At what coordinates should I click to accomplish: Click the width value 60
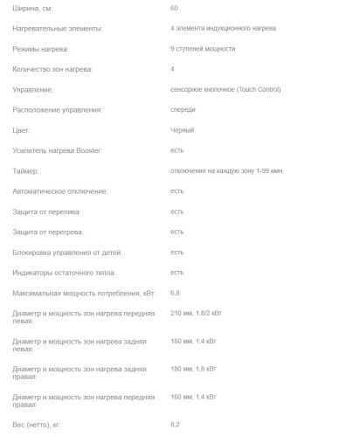point(175,8)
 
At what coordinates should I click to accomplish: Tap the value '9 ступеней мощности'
point(203,49)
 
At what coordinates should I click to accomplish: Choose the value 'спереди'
point(183,109)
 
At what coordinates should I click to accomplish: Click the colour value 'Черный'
point(182,130)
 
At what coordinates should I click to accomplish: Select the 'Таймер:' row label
point(26,171)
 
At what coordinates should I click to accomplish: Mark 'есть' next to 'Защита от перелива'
point(177,211)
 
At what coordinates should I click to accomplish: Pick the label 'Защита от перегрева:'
point(50,232)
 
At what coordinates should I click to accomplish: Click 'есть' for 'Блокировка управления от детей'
point(177,252)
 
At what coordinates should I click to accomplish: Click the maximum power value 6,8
point(176,293)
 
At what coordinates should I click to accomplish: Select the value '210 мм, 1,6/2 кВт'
point(202,313)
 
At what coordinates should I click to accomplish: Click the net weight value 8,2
point(176,424)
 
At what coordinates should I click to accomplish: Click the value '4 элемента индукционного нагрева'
point(224,29)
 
